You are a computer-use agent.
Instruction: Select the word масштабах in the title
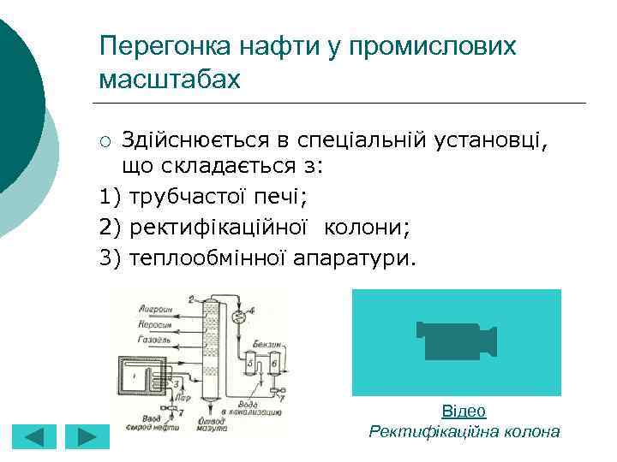170,79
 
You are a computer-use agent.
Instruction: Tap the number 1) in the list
111,197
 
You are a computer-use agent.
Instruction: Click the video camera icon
456,341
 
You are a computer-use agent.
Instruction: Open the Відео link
464,411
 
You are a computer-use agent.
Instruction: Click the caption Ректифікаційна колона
464,431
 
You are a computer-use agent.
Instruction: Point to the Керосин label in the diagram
155,324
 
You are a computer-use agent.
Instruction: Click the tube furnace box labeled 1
140,377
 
